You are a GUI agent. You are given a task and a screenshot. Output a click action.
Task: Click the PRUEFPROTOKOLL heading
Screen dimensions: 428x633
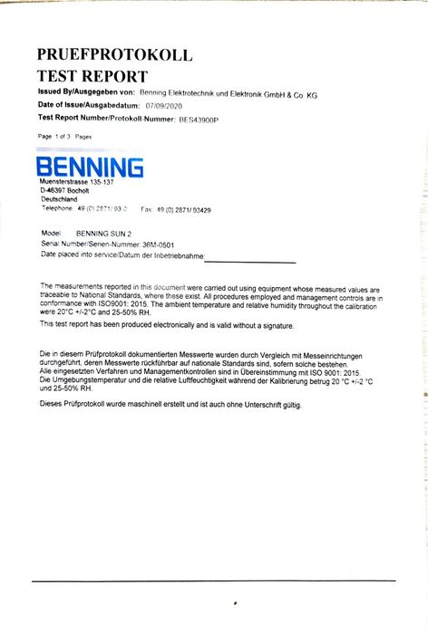click(114, 55)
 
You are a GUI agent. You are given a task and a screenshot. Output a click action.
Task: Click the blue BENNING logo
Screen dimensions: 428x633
click(89, 167)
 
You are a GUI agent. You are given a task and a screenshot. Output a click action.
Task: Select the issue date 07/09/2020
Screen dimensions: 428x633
click(165, 106)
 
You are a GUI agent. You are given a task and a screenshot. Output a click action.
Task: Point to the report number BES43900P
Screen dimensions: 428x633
click(199, 119)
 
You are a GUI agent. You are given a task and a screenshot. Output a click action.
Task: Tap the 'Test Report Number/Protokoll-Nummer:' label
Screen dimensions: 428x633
click(104, 118)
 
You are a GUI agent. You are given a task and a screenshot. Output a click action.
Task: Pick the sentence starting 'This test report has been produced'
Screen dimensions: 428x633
click(167, 324)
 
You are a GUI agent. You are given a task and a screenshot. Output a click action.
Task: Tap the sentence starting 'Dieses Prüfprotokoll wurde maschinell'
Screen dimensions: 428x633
click(170, 404)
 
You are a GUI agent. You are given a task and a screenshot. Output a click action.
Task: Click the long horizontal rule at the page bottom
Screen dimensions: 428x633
click(214, 580)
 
